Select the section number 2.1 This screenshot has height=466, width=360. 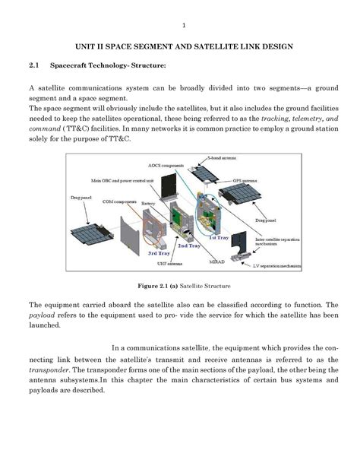(34, 67)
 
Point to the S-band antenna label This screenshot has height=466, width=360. (225, 158)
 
